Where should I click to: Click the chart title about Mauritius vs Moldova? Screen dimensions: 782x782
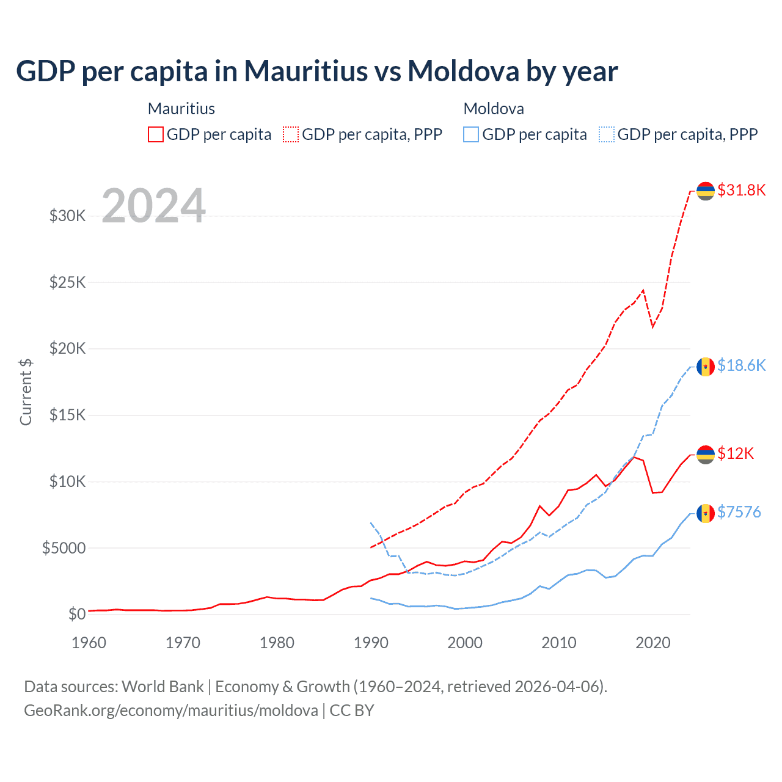pyautogui.click(x=316, y=71)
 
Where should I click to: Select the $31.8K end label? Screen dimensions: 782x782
pyautogui.click(x=741, y=190)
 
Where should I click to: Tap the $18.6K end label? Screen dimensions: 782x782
pyautogui.click(x=741, y=365)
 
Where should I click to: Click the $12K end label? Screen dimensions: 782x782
pyautogui.click(x=735, y=453)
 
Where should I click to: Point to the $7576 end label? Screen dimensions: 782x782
pyautogui.click(x=739, y=512)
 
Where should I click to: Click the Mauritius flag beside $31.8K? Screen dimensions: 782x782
pyautogui.click(x=706, y=191)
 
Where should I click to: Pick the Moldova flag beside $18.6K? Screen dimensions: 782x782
pyautogui.click(x=706, y=367)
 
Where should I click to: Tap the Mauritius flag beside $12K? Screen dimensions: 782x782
pyautogui.click(x=706, y=455)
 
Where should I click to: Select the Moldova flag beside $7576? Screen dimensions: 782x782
pyautogui.click(x=706, y=513)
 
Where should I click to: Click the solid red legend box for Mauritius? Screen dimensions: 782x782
pyautogui.click(x=156, y=134)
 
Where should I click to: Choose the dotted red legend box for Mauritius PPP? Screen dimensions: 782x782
pyautogui.click(x=291, y=134)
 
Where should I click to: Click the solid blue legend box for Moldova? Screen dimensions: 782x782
pyautogui.click(x=471, y=134)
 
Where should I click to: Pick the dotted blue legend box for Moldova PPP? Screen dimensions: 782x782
pyautogui.click(x=607, y=134)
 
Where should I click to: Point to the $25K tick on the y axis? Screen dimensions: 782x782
pyautogui.click(x=68, y=282)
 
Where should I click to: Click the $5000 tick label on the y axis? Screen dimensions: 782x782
pyautogui.click(x=64, y=548)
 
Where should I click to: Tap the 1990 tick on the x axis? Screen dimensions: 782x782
pyautogui.click(x=371, y=643)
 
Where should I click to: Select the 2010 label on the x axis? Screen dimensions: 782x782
pyautogui.click(x=559, y=643)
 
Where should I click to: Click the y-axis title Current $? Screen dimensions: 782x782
pyautogui.click(x=26, y=392)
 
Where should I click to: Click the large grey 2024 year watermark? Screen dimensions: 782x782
pyautogui.click(x=153, y=206)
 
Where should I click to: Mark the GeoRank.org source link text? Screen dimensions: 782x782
pyautogui.click(x=171, y=711)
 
